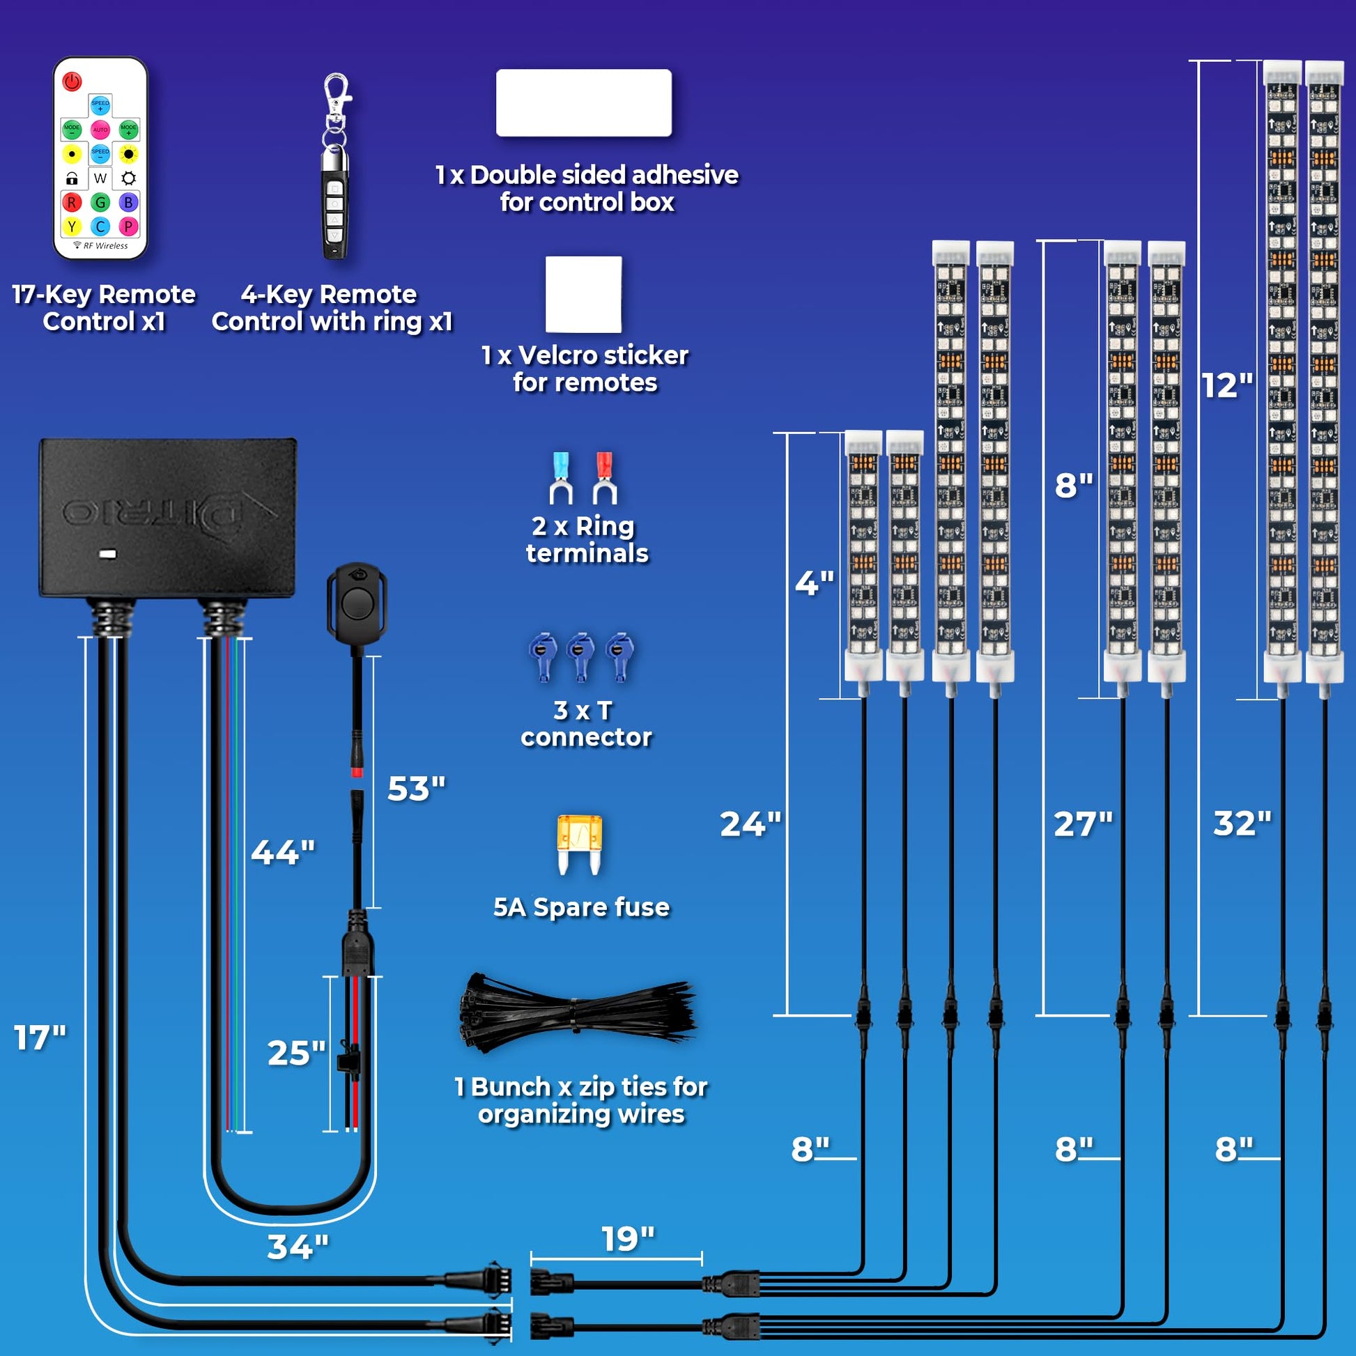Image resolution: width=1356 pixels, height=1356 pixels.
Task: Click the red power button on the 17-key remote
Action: pos(72,82)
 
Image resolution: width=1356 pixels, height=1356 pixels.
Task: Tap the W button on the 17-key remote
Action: pos(100,178)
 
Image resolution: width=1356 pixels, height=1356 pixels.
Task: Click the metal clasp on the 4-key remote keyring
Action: pos(337,92)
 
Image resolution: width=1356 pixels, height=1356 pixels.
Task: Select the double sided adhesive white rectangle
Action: pos(583,102)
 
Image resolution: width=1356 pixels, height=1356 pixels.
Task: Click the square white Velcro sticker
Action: pos(583,294)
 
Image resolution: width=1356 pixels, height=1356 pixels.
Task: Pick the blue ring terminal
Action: pos(561,478)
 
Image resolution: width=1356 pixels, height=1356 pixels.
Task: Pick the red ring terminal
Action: pos(604,478)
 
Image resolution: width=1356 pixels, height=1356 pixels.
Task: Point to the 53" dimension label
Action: pos(416,789)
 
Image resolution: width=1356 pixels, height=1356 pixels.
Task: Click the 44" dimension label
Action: pos(283,853)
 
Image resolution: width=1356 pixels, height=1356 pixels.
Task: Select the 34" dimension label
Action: pos(298,1247)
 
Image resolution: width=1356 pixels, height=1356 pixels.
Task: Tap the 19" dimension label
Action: pos(628,1240)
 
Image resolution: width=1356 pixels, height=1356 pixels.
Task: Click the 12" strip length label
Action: pos(1227,385)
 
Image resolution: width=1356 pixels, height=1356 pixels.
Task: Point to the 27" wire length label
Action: pos(1083,824)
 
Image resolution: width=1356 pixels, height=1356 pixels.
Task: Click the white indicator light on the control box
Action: pos(107,555)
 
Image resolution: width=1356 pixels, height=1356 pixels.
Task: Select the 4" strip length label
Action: pos(814,583)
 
